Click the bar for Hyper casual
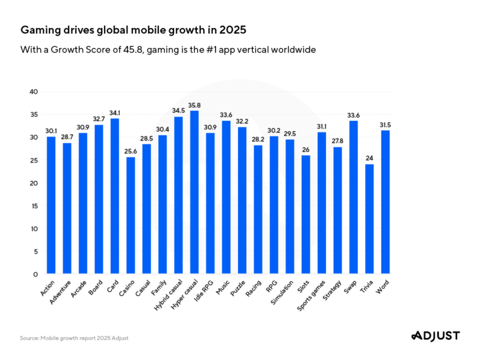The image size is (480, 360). (194, 192)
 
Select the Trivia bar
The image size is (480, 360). (370, 219)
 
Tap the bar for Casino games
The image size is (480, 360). (130, 215)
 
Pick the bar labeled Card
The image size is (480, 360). (115, 196)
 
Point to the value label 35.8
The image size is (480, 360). (194, 105)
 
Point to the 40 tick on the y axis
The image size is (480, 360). (34, 92)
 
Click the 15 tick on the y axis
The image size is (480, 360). (35, 206)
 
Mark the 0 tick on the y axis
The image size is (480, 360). (36, 275)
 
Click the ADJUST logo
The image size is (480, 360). (435, 335)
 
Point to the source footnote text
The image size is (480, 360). (74, 338)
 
